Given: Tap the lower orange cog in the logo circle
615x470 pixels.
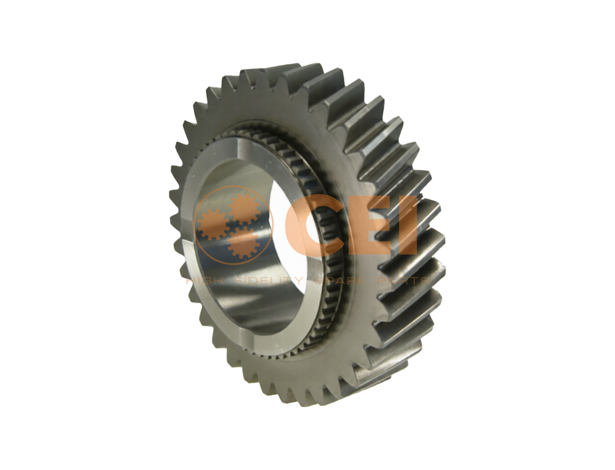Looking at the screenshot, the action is pyautogui.click(x=243, y=242).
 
